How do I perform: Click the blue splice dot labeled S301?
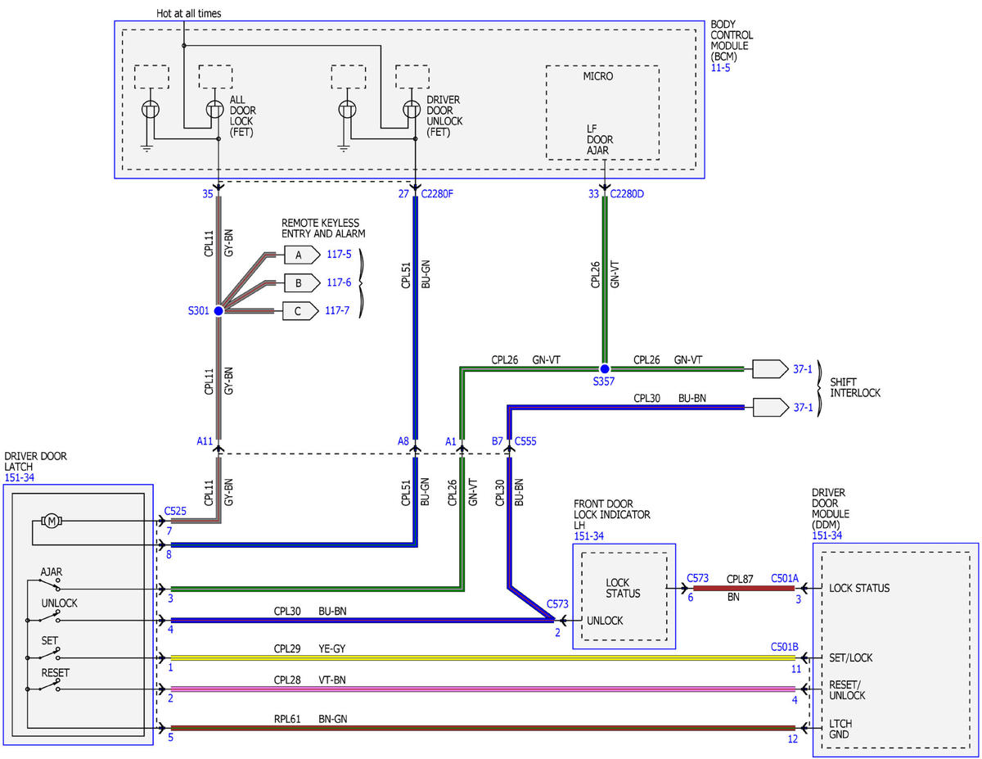click(218, 311)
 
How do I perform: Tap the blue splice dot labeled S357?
click(604, 368)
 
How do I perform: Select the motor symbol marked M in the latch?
click(52, 522)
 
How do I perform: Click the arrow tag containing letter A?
click(302, 255)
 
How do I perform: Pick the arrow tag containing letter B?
click(302, 283)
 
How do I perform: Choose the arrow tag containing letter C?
click(300, 311)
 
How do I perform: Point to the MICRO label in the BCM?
click(597, 76)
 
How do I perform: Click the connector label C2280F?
click(436, 194)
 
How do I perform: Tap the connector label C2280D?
click(627, 194)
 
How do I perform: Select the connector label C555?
click(525, 440)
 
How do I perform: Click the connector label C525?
click(175, 511)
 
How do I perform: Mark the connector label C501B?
click(785, 647)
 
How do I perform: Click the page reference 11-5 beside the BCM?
click(720, 68)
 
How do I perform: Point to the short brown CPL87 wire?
click(743, 588)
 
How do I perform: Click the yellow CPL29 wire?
click(483, 657)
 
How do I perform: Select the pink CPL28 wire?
click(483, 689)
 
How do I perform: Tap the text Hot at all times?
click(188, 14)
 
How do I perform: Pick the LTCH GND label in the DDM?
click(840, 729)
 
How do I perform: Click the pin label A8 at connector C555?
click(403, 440)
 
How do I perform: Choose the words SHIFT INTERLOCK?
click(855, 387)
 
